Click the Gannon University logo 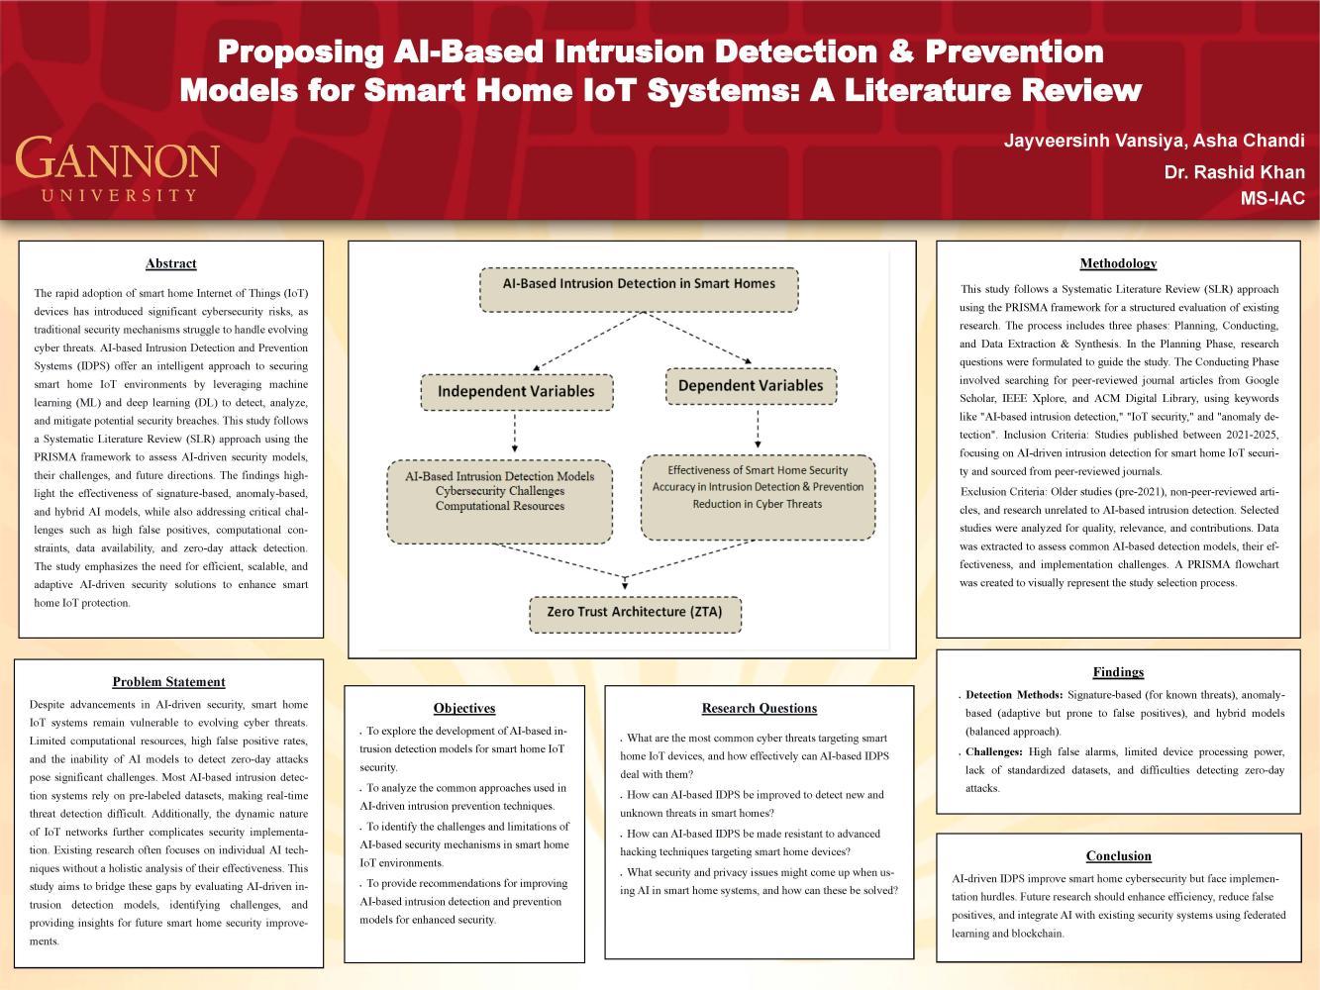click(x=117, y=169)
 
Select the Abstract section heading click(x=170, y=263)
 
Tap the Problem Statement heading click(x=168, y=682)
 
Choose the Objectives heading click(x=464, y=708)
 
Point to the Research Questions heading click(x=759, y=708)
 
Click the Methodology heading click(x=1118, y=263)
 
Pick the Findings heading click(x=1118, y=672)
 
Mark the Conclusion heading click(x=1118, y=856)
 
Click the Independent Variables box click(x=516, y=391)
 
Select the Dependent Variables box click(x=751, y=386)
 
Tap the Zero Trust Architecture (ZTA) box click(x=635, y=613)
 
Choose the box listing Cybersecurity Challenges click(x=499, y=501)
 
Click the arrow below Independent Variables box click(x=515, y=434)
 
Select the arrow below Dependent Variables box click(x=758, y=429)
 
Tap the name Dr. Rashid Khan click(x=1234, y=172)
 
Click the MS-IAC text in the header click(x=1272, y=199)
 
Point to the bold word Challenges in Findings click(x=993, y=752)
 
